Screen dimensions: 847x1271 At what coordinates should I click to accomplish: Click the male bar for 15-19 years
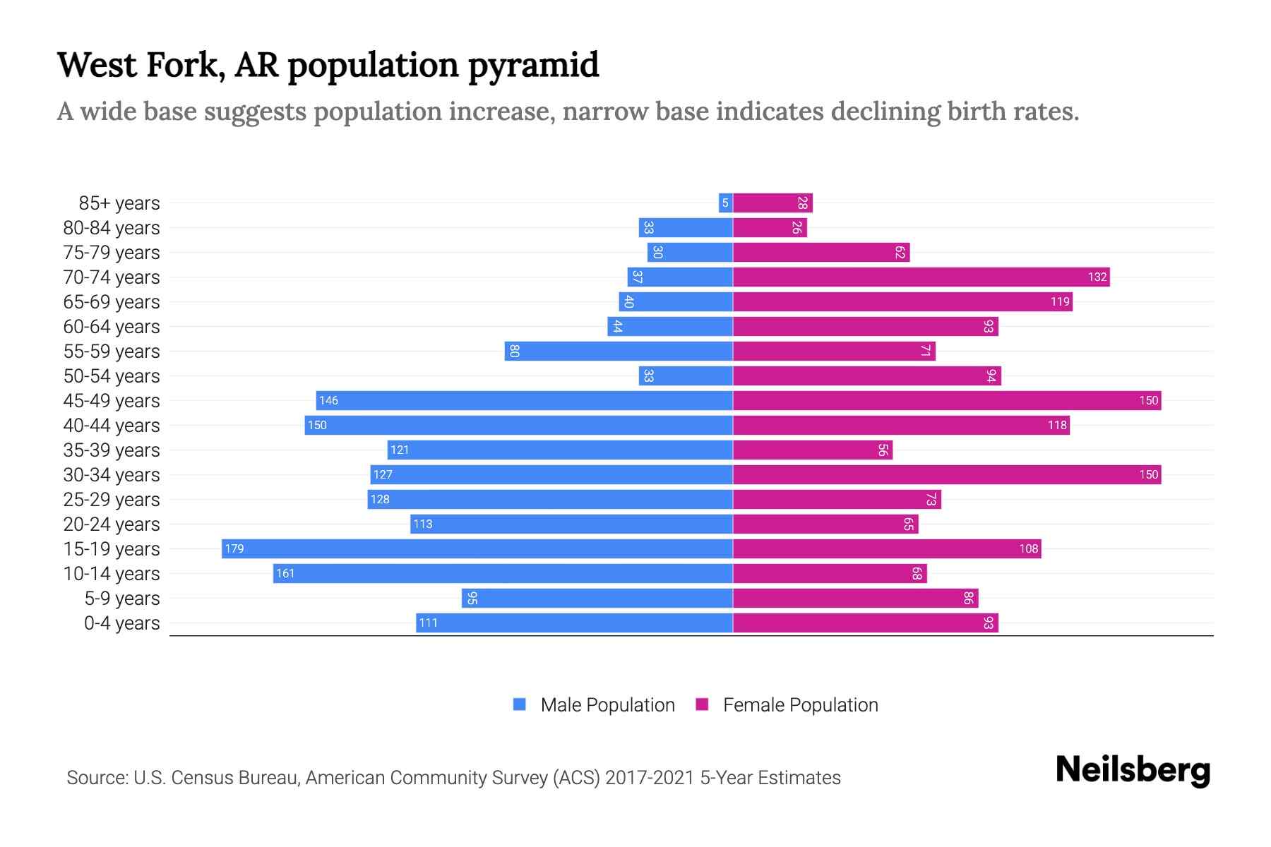[477, 548]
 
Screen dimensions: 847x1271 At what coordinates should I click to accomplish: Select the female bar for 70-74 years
[921, 277]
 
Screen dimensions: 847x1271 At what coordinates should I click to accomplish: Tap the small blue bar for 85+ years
[725, 203]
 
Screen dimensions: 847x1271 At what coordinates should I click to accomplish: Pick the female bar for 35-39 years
[812, 450]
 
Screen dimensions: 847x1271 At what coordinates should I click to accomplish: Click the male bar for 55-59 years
[619, 351]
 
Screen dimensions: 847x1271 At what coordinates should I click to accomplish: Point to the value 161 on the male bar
[285, 573]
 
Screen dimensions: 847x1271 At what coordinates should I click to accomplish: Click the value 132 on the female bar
[1097, 277]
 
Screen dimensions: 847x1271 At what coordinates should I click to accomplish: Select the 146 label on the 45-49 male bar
[328, 400]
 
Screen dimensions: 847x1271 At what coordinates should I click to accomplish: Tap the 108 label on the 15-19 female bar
[1028, 548]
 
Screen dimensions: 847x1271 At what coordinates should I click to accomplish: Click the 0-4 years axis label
[121, 623]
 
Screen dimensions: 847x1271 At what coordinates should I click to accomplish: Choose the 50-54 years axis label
[112, 376]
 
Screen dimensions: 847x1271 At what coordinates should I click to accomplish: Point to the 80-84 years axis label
[112, 228]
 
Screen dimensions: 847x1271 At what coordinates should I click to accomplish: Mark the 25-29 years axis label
[112, 500]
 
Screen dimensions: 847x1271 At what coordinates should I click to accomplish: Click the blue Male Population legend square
[520, 704]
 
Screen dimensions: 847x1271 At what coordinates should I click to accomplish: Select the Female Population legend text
[800, 704]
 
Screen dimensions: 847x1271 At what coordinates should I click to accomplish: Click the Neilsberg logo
[1133, 770]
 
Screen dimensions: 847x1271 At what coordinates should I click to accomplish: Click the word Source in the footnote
[97, 778]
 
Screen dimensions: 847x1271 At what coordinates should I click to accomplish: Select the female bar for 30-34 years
[946, 474]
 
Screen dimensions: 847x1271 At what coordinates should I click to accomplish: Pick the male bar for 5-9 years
[597, 598]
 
